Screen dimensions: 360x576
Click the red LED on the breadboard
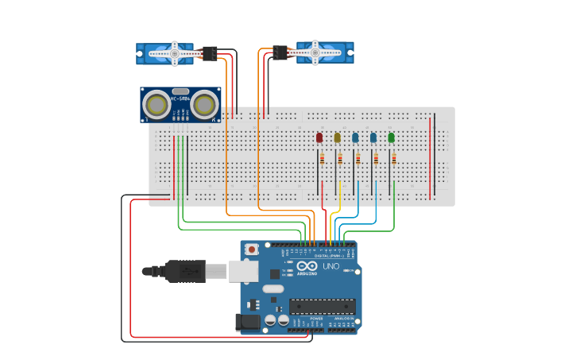[319, 137]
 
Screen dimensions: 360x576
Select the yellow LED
[338, 137]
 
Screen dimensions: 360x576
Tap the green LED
[391, 137]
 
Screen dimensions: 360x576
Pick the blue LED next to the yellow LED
[355, 137]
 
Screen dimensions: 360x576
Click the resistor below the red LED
[322, 158]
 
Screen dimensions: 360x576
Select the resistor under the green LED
[393, 158]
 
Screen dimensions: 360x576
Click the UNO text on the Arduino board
[331, 266]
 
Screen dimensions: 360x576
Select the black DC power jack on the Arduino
[248, 322]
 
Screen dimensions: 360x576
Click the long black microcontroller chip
[322, 306]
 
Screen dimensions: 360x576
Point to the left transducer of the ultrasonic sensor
[156, 104]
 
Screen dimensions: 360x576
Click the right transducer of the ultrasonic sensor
[205, 104]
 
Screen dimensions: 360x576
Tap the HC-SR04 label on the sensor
[180, 99]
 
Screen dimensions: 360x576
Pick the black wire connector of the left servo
[209, 53]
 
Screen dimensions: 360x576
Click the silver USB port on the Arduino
[242, 271]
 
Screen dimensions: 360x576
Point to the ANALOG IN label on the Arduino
[342, 319]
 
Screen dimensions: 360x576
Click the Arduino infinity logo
[307, 266]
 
